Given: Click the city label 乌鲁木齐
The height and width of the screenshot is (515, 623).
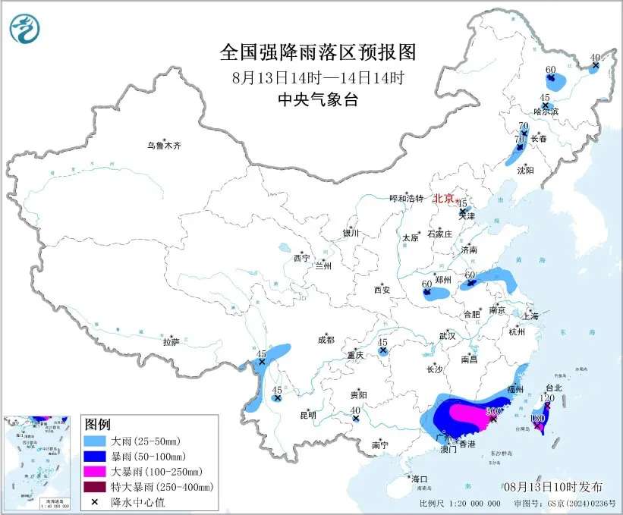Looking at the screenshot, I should tap(165, 144).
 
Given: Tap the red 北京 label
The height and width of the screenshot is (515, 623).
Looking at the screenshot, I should tap(444, 198).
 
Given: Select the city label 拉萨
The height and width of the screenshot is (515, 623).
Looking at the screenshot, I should tap(171, 342).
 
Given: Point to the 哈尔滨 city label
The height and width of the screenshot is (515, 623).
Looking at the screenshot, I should tap(546, 111).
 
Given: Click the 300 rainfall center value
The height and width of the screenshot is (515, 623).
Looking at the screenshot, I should tap(491, 410).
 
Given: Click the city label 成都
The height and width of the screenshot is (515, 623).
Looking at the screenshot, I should tap(326, 341).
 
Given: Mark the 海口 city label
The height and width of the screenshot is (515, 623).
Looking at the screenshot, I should tap(419, 479).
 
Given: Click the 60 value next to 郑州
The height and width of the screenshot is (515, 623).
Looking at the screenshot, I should tap(426, 284).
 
